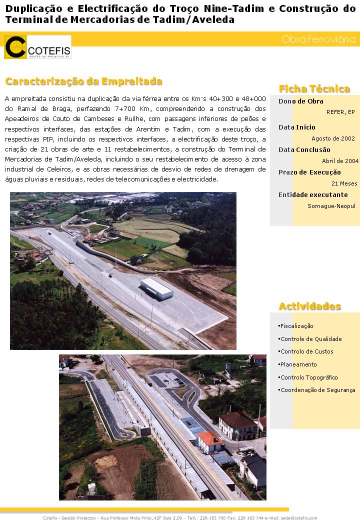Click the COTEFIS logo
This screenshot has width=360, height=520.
pos(37,47)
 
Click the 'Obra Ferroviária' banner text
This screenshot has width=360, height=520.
pos(318,39)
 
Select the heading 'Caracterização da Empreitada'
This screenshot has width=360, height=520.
pos(83,81)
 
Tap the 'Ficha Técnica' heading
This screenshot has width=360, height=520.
pos(314,89)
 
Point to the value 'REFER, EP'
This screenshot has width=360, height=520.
pos(340,112)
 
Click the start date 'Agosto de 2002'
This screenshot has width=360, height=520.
pos(333,138)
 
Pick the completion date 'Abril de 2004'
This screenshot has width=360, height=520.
pos(340,161)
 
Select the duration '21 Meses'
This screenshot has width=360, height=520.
pos(344,183)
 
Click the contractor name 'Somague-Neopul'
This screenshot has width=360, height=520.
pos(331,206)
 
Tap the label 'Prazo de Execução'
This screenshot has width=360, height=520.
pos(309,172)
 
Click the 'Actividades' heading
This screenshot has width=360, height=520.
pos(309,306)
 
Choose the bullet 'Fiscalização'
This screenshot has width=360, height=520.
pos(296,326)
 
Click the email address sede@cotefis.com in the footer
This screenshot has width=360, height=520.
pos(298,517)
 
